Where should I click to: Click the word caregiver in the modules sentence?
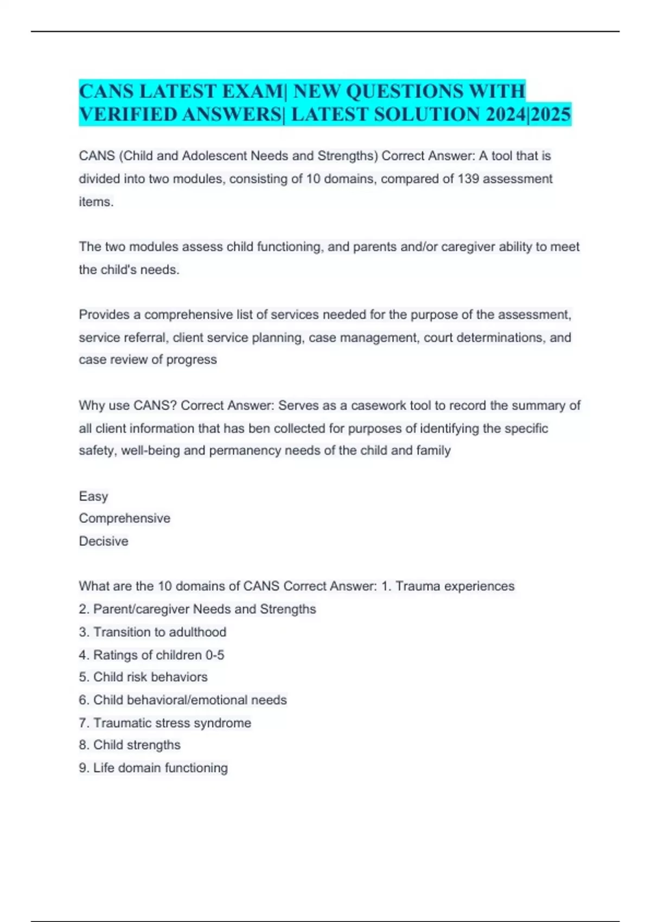(466, 247)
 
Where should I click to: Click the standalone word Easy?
(93, 496)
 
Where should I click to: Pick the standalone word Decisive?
(104, 541)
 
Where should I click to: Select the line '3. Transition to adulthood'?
(152, 632)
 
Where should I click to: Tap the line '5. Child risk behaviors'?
(143, 677)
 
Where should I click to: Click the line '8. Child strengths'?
(130, 745)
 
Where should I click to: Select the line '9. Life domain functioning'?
(153, 768)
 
